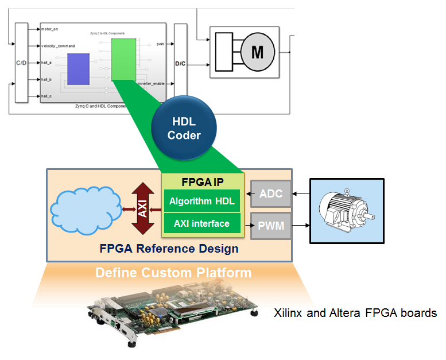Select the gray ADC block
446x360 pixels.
[x=271, y=193]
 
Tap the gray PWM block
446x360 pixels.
[x=271, y=226]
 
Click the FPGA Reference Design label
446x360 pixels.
[x=169, y=249]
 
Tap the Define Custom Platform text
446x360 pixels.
[x=173, y=272]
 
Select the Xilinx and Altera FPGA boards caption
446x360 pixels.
[x=355, y=313]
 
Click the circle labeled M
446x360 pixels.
[x=257, y=53]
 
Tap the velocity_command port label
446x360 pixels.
[x=59, y=45]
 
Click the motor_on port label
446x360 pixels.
[x=51, y=28]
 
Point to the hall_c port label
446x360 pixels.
[x=47, y=96]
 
